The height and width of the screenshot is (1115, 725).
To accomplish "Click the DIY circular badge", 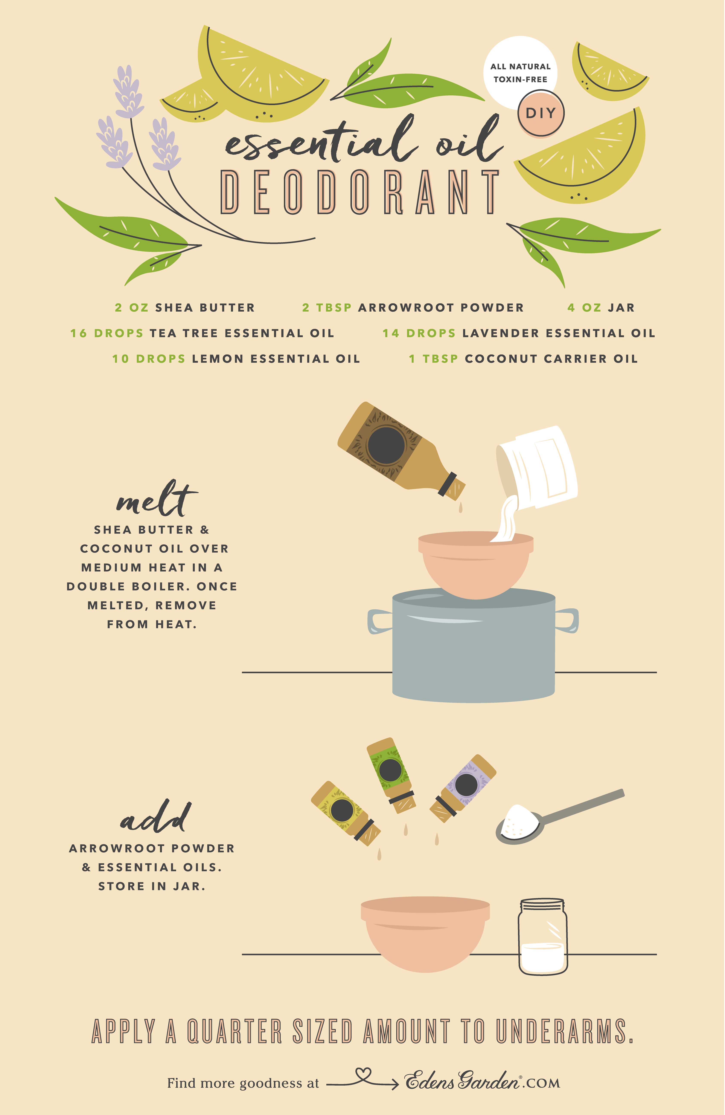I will (x=541, y=113).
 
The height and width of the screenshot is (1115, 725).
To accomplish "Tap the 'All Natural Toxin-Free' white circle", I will (x=520, y=70).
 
